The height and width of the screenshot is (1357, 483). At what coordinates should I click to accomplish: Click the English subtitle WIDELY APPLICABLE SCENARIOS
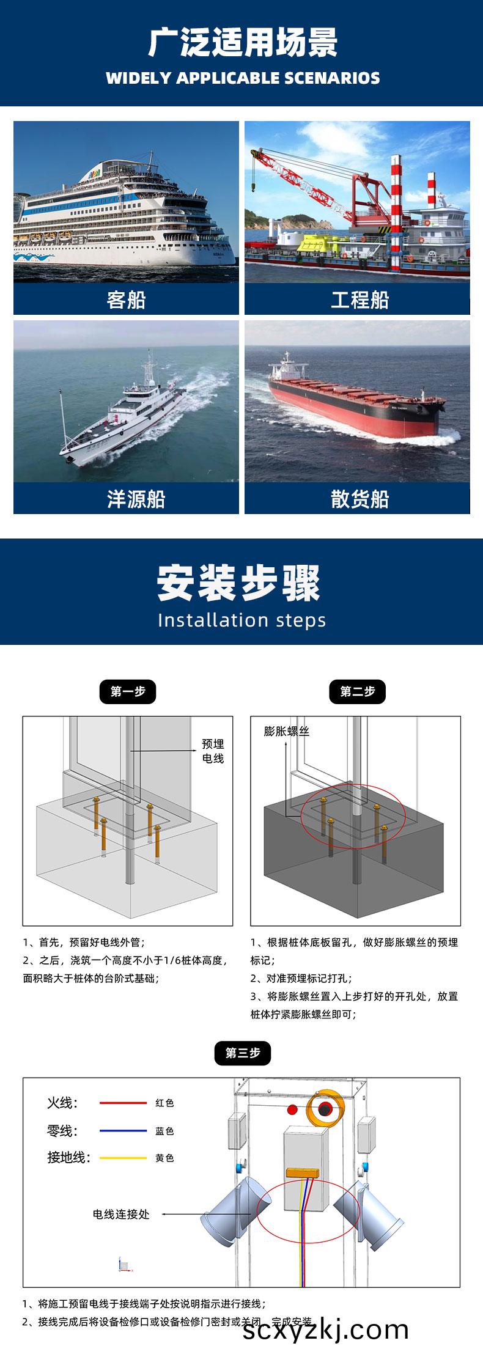pos(242,78)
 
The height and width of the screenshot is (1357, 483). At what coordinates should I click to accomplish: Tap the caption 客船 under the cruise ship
pos(126,300)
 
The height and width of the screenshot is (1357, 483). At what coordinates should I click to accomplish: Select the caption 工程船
pos(359,300)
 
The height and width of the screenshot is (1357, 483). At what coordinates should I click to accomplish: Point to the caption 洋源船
pos(136,499)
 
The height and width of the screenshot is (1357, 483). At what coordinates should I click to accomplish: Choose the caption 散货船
pos(359,499)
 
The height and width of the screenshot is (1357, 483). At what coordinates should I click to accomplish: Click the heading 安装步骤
pos(239,583)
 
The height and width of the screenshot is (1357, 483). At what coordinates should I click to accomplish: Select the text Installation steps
pos(242,620)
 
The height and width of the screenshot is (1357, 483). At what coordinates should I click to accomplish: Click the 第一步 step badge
pos(128,692)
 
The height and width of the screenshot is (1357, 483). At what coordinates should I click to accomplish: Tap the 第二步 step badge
pos(358,692)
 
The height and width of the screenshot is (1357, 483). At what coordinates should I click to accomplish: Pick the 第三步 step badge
pos(243,1053)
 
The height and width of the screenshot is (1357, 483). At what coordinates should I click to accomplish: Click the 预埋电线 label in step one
pos(213,751)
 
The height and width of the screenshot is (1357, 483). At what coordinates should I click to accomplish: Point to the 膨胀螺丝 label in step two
pos(286,731)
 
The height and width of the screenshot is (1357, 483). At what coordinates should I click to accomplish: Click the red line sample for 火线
pos(123,1103)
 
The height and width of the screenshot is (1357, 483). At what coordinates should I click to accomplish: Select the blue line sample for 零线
pos(123,1131)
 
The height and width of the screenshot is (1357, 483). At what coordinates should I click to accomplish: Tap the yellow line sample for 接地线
pos(123,1158)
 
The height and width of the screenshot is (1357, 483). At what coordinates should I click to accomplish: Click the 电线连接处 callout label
pos(121,1214)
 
